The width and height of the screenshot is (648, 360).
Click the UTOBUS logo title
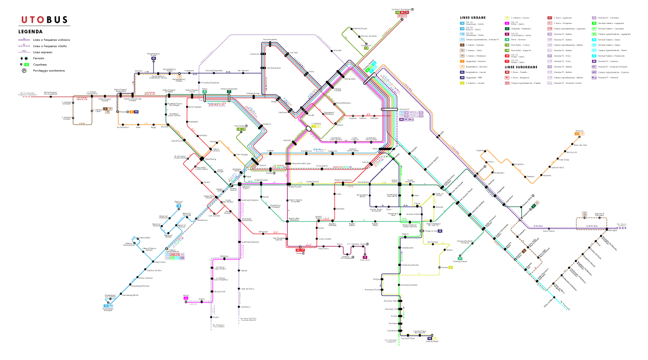click(45, 20)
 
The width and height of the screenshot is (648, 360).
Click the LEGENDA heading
click(30, 32)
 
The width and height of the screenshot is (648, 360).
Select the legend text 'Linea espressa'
click(44, 52)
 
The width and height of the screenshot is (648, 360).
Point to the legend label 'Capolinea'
click(39, 64)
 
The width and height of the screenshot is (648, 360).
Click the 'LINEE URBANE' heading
click(473, 18)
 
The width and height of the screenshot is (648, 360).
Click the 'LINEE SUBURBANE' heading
click(521, 67)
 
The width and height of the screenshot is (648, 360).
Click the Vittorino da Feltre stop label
click(368, 36)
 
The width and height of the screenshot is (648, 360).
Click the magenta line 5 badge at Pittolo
click(186, 299)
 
